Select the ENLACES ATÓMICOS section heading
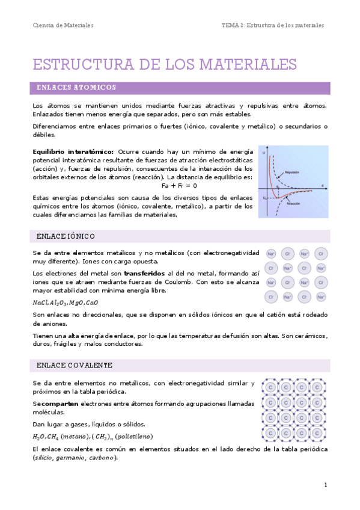point(76,88)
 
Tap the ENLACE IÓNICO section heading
point(66,236)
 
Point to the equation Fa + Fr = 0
point(180,186)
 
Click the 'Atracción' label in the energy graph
point(294,203)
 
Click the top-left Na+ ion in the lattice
point(271,254)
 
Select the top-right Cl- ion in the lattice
point(321,254)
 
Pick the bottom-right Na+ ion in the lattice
point(321,297)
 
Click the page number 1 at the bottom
point(325,485)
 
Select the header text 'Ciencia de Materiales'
point(63,25)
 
